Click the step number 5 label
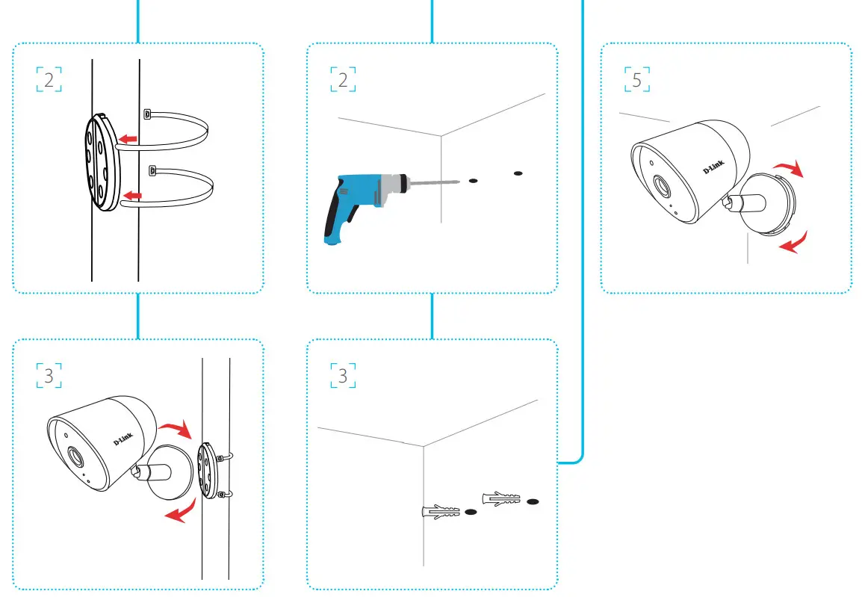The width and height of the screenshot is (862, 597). point(636,80)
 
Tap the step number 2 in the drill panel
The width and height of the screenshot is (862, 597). point(343,80)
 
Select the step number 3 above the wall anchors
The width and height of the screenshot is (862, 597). point(343,376)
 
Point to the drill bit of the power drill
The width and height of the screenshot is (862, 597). point(434,181)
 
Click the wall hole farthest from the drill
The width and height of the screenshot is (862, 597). point(518,174)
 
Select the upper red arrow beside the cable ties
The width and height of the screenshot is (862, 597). point(128,138)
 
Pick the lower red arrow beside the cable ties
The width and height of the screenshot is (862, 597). point(131,196)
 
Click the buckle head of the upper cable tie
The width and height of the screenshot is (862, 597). point(146,114)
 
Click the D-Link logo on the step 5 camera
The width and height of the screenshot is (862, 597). point(713,169)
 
